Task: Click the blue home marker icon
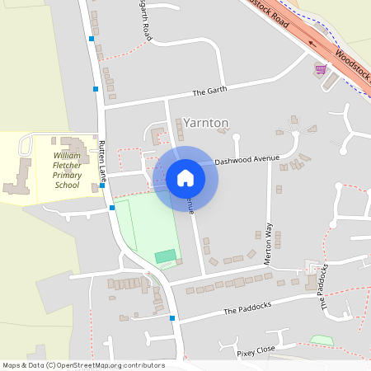[185, 178]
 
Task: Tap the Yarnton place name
[206, 122]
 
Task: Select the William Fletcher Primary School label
[67, 170]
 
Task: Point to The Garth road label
[209, 92]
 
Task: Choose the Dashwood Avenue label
[247, 161]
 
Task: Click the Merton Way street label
[268, 242]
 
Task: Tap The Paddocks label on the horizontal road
[247, 311]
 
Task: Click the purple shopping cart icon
[320, 69]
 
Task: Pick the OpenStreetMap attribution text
[83, 365]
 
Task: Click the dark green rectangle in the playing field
[166, 256]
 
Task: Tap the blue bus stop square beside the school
[101, 185]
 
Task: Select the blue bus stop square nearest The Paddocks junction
[172, 317]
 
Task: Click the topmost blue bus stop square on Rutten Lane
[92, 39]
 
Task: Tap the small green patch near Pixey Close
[322, 340]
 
